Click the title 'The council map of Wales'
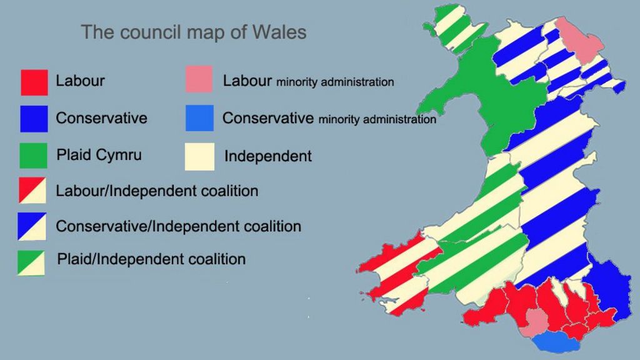(x=194, y=32)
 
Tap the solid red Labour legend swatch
(x=34, y=81)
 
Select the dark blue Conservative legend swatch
(x=34, y=118)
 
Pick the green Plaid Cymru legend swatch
(x=34, y=155)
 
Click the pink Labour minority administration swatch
(x=199, y=79)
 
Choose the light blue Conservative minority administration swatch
(x=199, y=118)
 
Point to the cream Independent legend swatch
(x=199, y=156)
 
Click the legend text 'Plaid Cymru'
(x=99, y=155)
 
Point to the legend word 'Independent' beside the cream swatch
(x=267, y=156)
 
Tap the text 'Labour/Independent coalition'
(x=157, y=191)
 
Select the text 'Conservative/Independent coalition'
(x=178, y=226)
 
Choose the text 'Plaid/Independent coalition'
(x=151, y=259)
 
